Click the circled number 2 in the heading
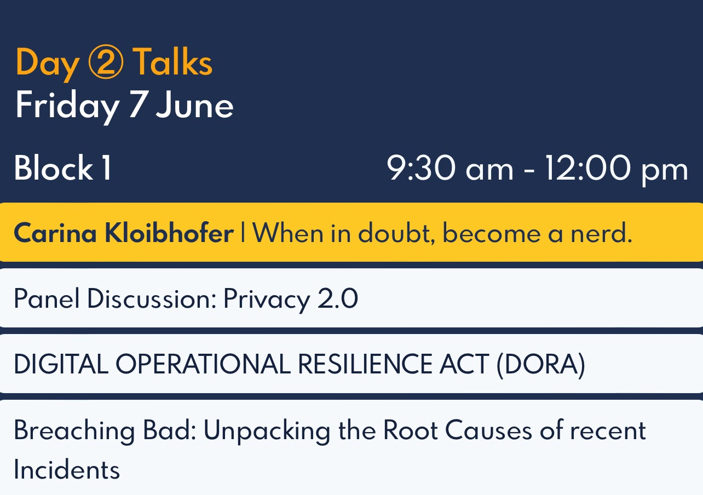click(106, 61)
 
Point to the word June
click(194, 105)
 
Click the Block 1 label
click(63, 168)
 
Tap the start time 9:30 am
click(450, 168)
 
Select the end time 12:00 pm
click(616, 170)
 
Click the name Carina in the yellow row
click(55, 233)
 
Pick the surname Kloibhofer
click(169, 233)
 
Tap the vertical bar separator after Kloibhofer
click(243, 232)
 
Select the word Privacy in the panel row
click(267, 299)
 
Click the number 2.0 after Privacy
click(338, 298)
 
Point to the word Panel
click(47, 298)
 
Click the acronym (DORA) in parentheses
click(541, 365)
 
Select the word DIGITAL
click(61, 364)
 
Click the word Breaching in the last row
click(74, 430)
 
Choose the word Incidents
click(67, 469)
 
